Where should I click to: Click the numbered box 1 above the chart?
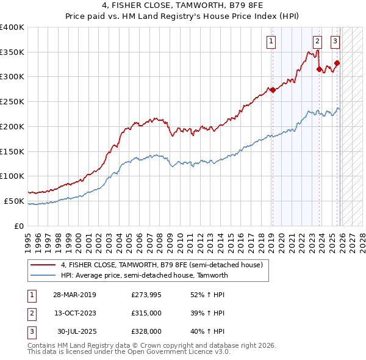point(270,41)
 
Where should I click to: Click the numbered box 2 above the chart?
point(318,41)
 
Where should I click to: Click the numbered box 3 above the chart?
point(335,41)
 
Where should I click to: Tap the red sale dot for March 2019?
point(273,90)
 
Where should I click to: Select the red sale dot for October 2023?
point(319,69)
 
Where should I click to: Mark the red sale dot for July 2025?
point(337,63)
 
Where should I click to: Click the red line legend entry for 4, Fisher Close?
point(162,265)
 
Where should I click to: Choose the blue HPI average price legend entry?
point(144,275)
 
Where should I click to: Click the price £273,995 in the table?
point(145,295)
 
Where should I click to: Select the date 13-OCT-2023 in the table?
point(74,313)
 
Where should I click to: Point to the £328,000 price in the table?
point(145,331)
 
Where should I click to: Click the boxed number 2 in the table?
point(30,313)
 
